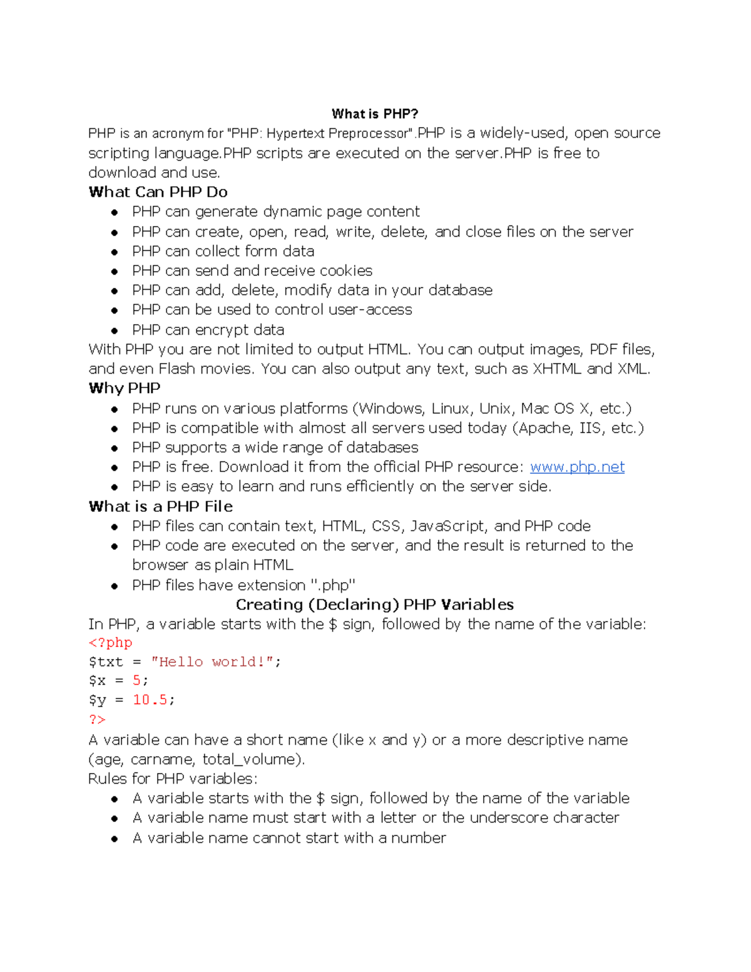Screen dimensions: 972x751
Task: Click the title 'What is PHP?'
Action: click(x=375, y=114)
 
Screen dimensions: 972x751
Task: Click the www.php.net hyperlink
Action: click(x=577, y=467)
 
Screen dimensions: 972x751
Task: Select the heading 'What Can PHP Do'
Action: click(x=158, y=192)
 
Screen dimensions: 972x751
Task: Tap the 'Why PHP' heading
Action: click(x=125, y=388)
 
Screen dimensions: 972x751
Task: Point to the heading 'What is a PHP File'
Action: click(x=160, y=506)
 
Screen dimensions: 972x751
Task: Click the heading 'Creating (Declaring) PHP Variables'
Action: click(x=374, y=605)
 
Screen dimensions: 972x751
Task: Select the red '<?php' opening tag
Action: click(x=111, y=643)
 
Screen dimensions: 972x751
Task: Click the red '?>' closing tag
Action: click(x=97, y=720)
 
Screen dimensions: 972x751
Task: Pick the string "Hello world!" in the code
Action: click(x=212, y=662)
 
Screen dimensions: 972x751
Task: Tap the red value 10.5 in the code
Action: click(x=150, y=700)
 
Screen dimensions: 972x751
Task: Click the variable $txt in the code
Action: click(x=106, y=662)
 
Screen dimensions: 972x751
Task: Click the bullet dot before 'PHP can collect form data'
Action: click(x=115, y=252)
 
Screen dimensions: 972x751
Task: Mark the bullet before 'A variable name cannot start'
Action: click(x=115, y=839)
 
